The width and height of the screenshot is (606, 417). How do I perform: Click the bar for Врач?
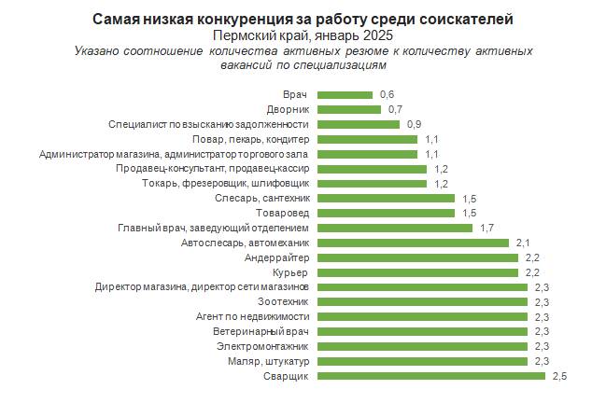[x=345, y=94]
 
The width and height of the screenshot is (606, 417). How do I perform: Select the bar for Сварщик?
[x=431, y=376]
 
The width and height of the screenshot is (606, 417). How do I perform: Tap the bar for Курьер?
[x=417, y=272]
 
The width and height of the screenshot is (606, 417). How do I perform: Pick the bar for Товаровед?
[x=386, y=213]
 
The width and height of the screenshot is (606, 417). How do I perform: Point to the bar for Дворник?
[x=349, y=109]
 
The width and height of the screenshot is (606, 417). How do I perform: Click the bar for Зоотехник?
[x=422, y=302]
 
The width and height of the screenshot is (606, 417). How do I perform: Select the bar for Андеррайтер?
[x=417, y=257]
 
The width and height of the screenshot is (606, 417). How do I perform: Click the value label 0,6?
[x=388, y=94]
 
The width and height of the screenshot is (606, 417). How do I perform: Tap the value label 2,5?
[x=560, y=376]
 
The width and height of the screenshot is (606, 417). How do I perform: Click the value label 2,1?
[x=524, y=243]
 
